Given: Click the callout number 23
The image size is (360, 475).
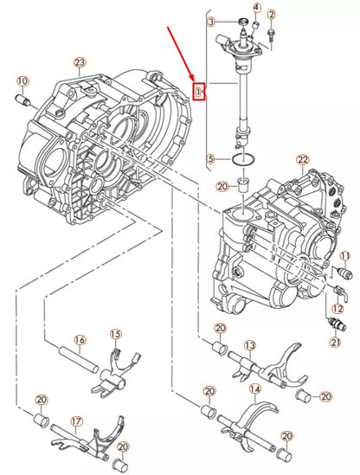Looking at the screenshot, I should (x=79, y=62).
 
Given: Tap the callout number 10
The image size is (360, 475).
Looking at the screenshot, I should (x=22, y=81).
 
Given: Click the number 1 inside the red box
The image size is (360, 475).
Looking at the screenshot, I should (x=199, y=91).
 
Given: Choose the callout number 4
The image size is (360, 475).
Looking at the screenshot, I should (x=255, y=9).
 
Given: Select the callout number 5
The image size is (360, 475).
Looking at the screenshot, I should (x=210, y=158).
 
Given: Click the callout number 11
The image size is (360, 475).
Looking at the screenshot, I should (x=344, y=256).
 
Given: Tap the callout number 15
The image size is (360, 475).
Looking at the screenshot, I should (x=116, y=334).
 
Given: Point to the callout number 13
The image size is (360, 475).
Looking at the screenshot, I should (x=249, y=345).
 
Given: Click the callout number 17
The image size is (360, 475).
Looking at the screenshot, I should (x=76, y=422).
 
